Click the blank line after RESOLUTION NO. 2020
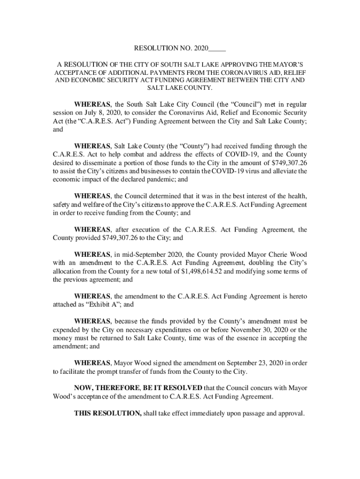[x=217, y=48]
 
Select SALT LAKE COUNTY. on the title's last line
[x=180, y=88]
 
